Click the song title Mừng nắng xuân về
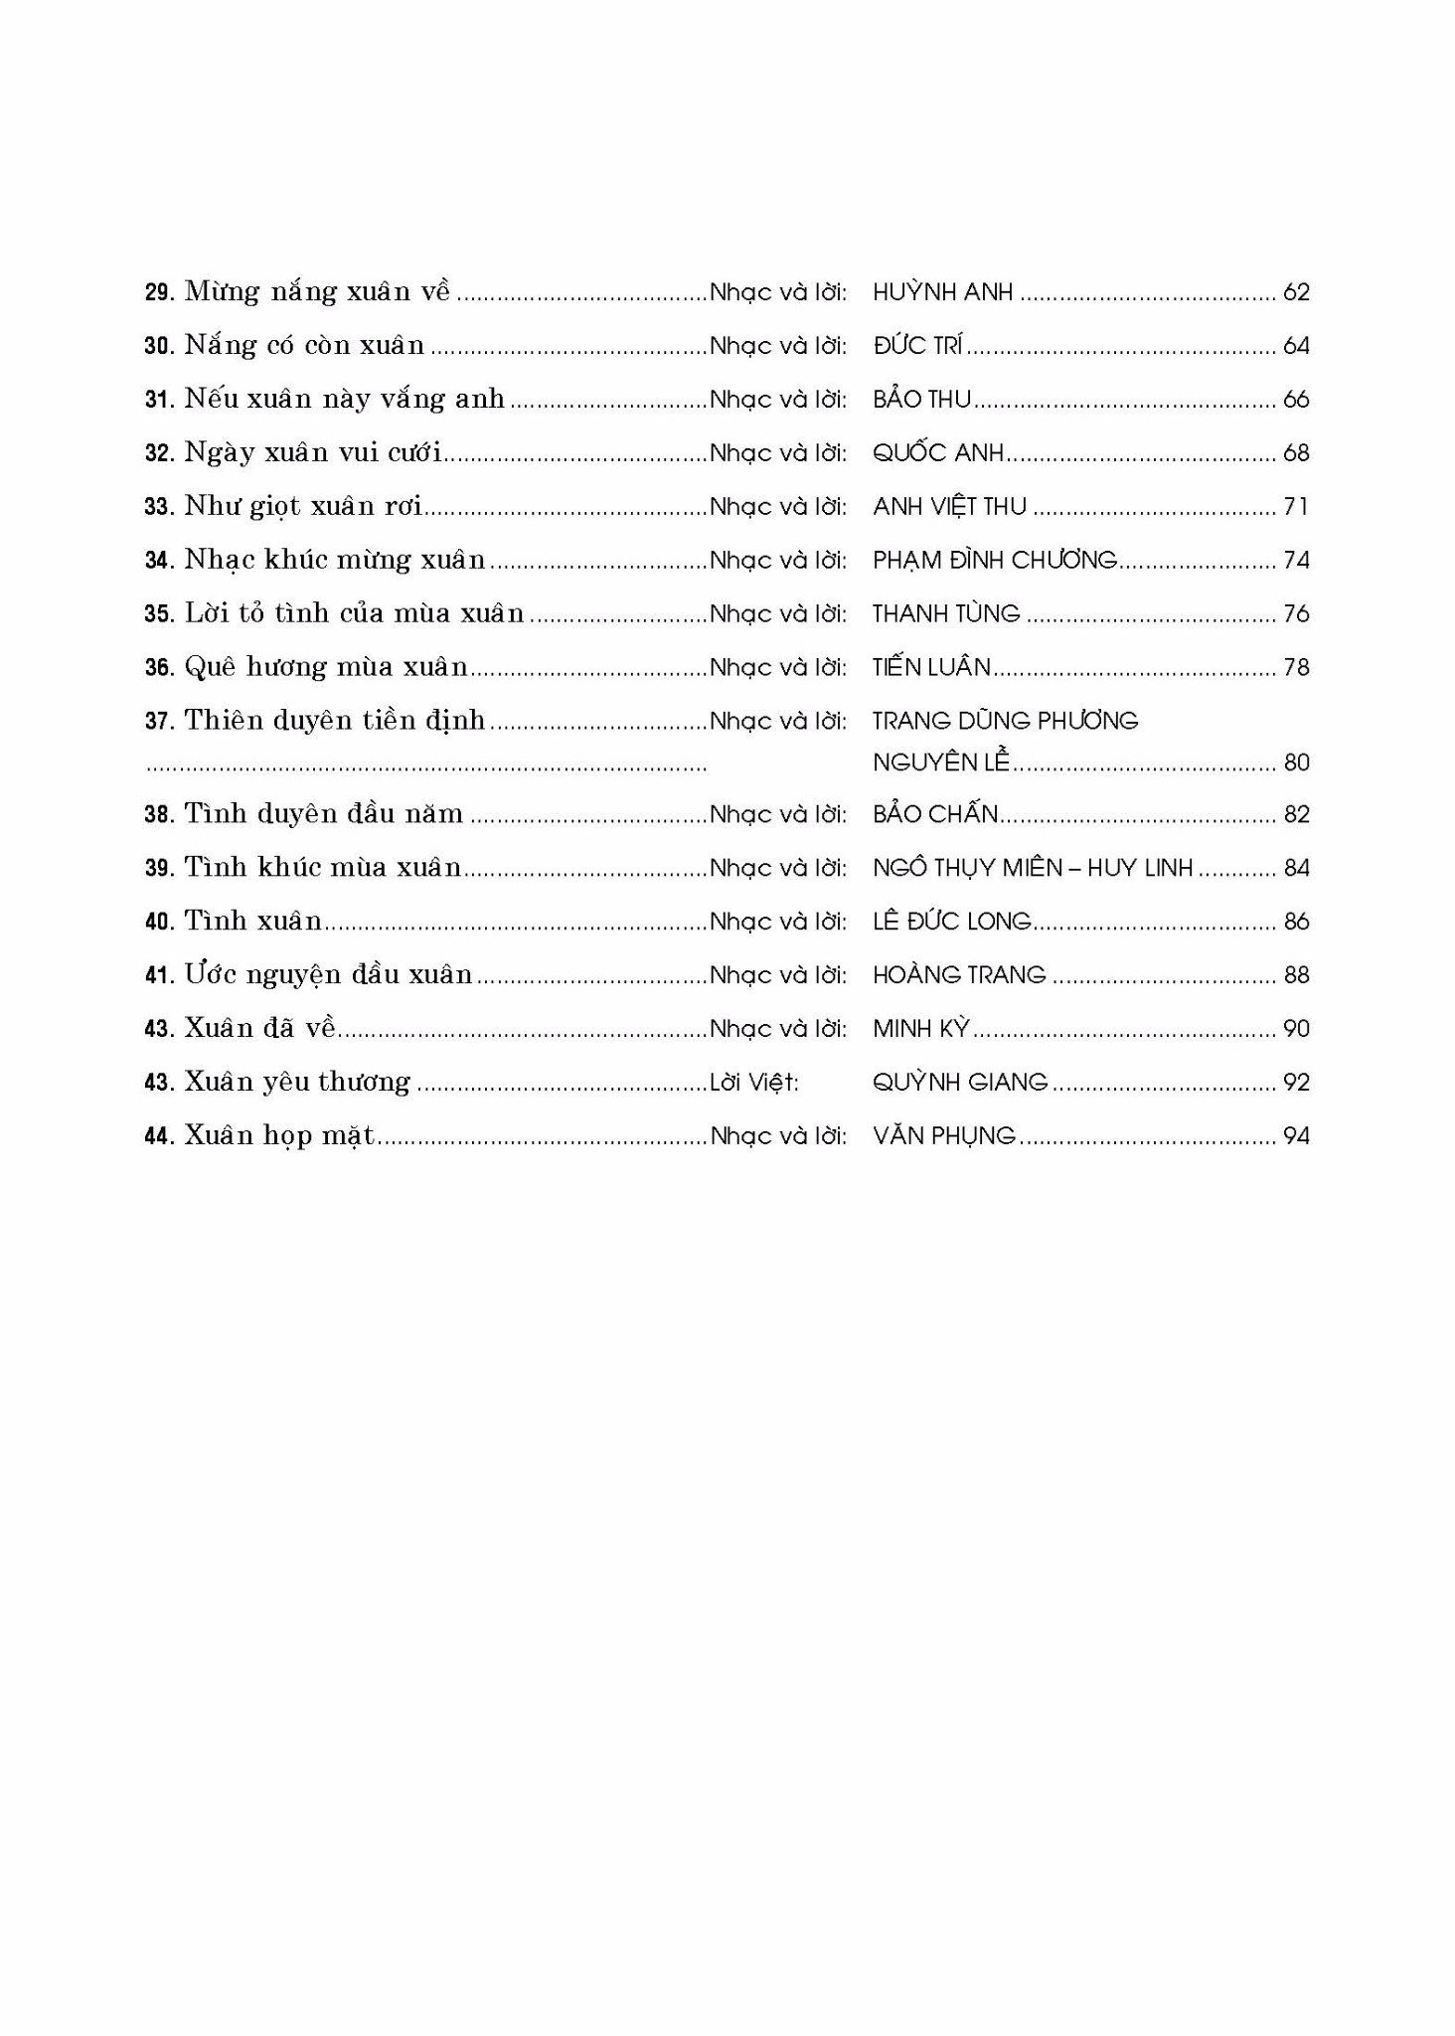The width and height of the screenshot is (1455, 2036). pyautogui.click(x=317, y=292)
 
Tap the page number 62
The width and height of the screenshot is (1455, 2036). pyautogui.click(x=1296, y=292)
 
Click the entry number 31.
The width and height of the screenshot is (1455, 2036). pyautogui.click(x=159, y=400)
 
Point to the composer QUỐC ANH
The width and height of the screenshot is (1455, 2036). pyautogui.click(x=938, y=453)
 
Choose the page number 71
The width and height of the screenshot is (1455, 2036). pyautogui.click(x=1296, y=507)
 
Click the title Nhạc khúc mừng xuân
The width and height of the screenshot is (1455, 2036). pyautogui.click(x=335, y=561)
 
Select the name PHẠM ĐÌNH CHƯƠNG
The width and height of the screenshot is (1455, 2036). pyautogui.click(x=995, y=561)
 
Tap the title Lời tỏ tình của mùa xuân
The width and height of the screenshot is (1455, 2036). pyautogui.click(x=354, y=614)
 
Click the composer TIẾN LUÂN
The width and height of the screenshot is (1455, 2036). pyautogui.click(x=931, y=668)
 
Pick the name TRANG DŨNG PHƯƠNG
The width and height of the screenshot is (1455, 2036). pyautogui.click(x=1005, y=721)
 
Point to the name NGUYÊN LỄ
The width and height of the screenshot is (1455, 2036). pyautogui.click(x=940, y=763)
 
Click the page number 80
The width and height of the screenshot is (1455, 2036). pyautogui.click(x=1296, y=763)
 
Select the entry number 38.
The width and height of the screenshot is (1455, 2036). pyautogui.click(x=159, y=815)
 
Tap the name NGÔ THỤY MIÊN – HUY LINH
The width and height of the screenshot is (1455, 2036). pyautogui.click(x=1033, y=869)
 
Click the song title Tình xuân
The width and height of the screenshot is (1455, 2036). pyautogui.click(x=253, y=923)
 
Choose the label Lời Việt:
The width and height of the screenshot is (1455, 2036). pyautogui.click(x=754, y=1083)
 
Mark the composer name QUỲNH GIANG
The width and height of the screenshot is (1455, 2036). pyautogui.click(x=960, y=1083)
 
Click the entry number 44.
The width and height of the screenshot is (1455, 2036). pyautogui.click(x=159, y=1136)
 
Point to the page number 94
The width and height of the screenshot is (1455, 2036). pyautogui.click(x=1296, y=1136)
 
